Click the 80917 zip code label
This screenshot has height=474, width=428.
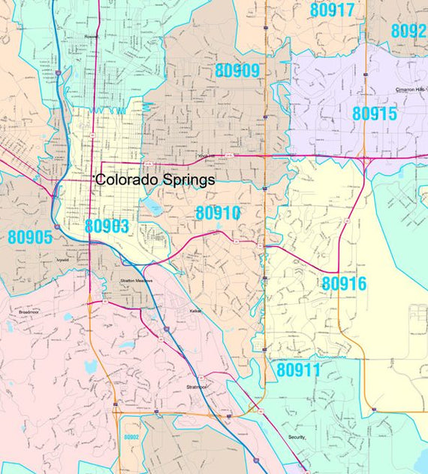[x=332, y=11]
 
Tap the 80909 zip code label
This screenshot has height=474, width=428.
[x=237, y=71]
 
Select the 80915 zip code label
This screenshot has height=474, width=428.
[x=374, y=114]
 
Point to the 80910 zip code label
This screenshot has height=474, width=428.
[x=218, y=213]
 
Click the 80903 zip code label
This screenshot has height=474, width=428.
[x=107, y=226]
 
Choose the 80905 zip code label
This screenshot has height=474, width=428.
[x=30, y=237]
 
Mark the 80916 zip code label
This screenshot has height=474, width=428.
[x=344, y=284]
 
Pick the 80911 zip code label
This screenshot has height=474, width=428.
[x=298, y=370]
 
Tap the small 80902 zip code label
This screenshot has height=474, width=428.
[x=131, y=437]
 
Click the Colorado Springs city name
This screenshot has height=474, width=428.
[x=155, y=181]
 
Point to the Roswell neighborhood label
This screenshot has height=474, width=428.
[x=92, y=35]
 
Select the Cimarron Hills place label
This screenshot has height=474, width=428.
[x=410, y=90]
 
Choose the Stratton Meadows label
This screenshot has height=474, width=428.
[x=136, y=281]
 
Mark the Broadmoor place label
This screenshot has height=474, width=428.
[x=29, y=309]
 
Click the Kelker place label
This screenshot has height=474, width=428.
[x=195, y=310]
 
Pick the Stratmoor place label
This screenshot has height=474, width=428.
[x=196, y=387]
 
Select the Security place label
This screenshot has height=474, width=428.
[x=297, y=436]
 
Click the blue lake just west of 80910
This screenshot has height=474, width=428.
[x=153, y=205]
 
